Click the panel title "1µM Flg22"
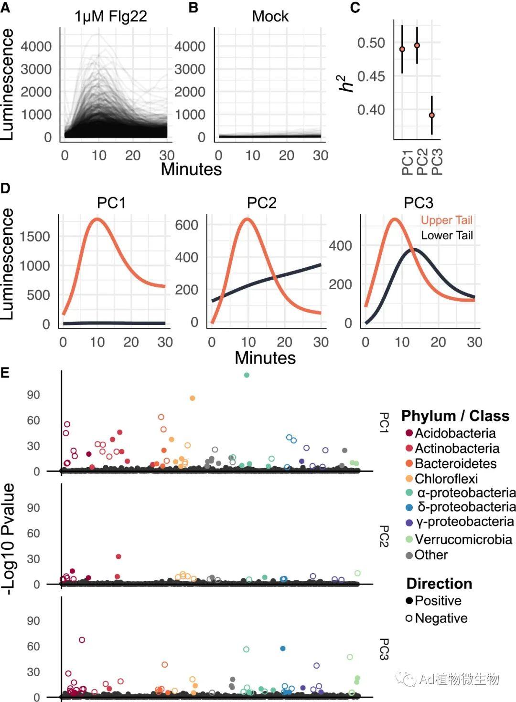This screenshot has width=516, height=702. coord(110,17)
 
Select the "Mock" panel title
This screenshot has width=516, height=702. coord(270,17)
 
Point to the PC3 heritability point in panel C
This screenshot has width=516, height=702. coord(432,115)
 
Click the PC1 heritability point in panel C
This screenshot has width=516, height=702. coord(402,49)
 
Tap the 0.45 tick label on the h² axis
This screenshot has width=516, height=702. coord(371,76)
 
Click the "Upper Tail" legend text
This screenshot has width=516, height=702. coord(446,220)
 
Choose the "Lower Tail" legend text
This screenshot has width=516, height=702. coord(447,235)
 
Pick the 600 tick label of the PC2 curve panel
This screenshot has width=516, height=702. coord(186,225)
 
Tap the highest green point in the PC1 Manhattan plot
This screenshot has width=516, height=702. coord(247,375)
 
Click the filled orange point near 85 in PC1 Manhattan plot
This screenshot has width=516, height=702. coord(193,398)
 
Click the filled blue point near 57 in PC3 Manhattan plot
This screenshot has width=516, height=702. coord(283,649)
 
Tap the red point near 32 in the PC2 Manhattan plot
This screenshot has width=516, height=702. coord(118,556)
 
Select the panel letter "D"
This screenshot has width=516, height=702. coord(5,188)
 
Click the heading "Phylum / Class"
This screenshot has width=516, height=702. coord(455,416)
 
